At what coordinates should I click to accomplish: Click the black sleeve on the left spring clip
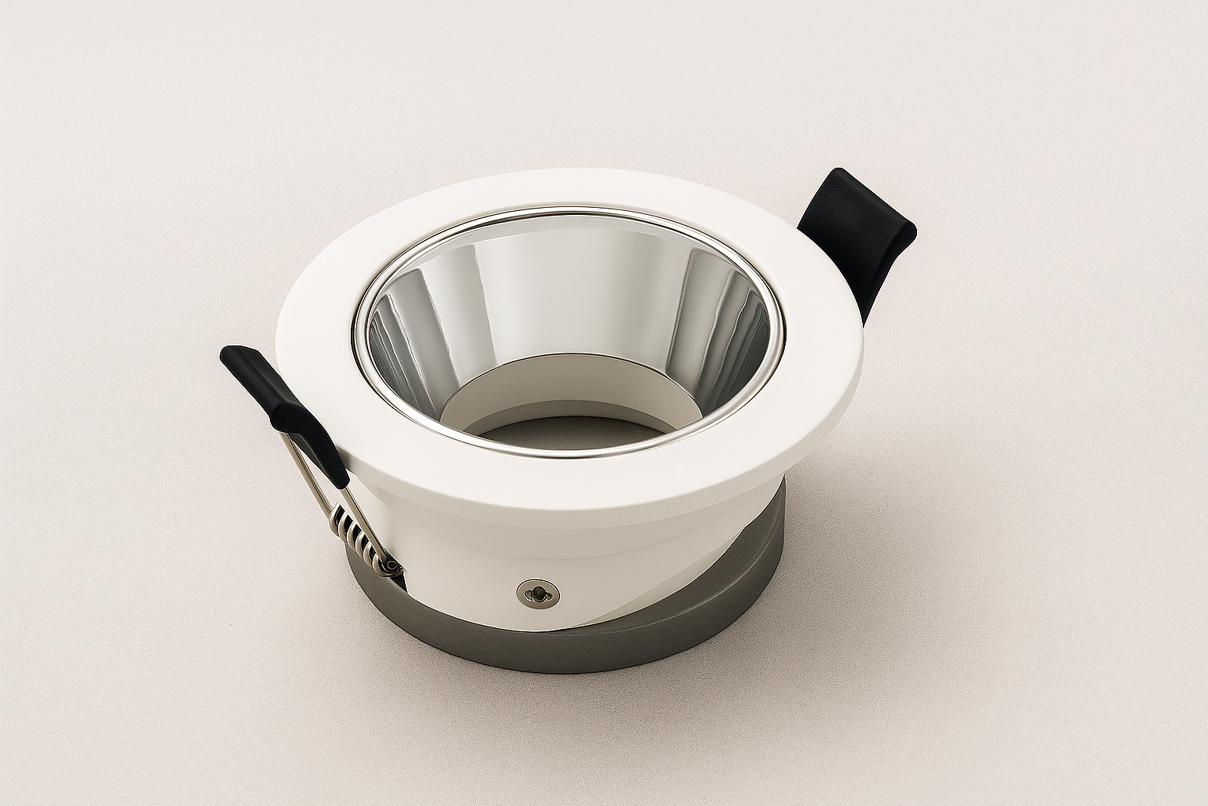point(283,409)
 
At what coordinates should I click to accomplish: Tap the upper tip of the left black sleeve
point(232,356)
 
